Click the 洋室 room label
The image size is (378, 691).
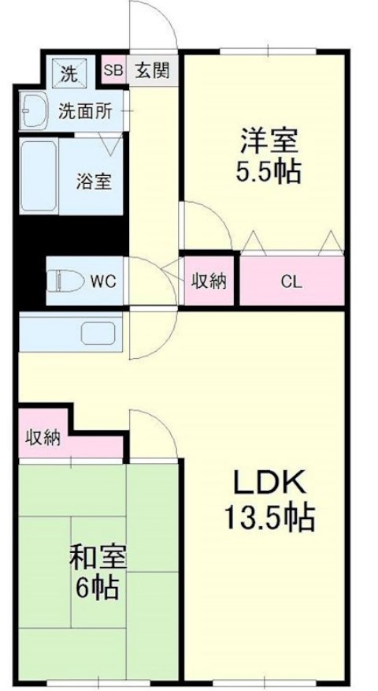pos(269,140)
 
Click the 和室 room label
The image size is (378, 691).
pos(98,558)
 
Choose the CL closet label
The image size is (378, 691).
pos(291,282)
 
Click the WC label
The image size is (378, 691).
pos(103,281)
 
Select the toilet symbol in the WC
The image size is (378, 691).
pos(65,281)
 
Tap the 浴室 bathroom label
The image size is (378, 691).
pos(94,181)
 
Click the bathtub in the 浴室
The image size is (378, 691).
pos(39,176)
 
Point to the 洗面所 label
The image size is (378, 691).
pos(85,113)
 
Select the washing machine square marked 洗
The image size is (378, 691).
pos(70,73)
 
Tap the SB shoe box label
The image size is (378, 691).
pos(114,70)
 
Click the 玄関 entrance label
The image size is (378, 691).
pos(152,70)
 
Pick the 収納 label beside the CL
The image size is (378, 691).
pos(209,281)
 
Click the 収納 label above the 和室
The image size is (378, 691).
pos(43,439)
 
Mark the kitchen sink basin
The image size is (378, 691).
pos(98,333)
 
